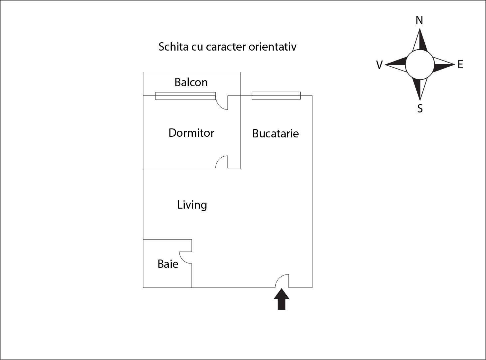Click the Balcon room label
191,83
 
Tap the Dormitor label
191,133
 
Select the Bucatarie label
275,133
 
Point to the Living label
192,205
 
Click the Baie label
168,264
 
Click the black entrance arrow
282,299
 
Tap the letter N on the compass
419,20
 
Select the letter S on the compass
420,108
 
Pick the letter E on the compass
460,65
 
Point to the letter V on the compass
379,65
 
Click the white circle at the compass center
420,65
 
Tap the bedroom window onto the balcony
185,96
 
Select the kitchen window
276,95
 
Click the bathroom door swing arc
185,258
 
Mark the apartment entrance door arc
282,281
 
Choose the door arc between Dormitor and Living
221,162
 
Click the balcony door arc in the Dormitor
222,102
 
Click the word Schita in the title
173,47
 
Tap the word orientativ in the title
272,47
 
